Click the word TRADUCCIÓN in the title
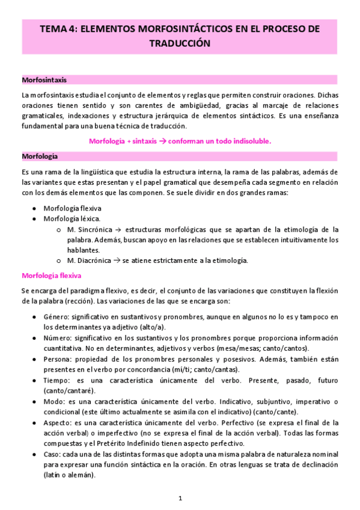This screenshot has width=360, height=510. [180, 43]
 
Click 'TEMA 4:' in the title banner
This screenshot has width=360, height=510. [58, 28]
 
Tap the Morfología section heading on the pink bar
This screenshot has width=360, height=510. [40, 156]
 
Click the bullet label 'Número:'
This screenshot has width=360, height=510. [59, 338]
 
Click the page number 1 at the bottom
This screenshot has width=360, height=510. [180, 498]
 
